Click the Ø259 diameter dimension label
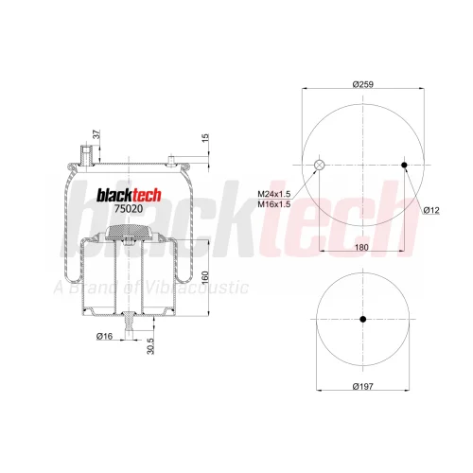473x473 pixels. pos(363,84)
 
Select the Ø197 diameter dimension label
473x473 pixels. pos(362,386)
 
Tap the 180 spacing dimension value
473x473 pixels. pos(361,247)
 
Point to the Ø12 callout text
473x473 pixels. pos(431,210)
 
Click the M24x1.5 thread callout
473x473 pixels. pos(274,194)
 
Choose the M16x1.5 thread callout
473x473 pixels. pos(274,204)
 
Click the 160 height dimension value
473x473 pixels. pos(205,277)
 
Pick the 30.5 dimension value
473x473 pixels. pos(150,346)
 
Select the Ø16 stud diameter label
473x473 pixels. pos(104,337)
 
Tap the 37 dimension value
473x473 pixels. pos(97,134)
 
